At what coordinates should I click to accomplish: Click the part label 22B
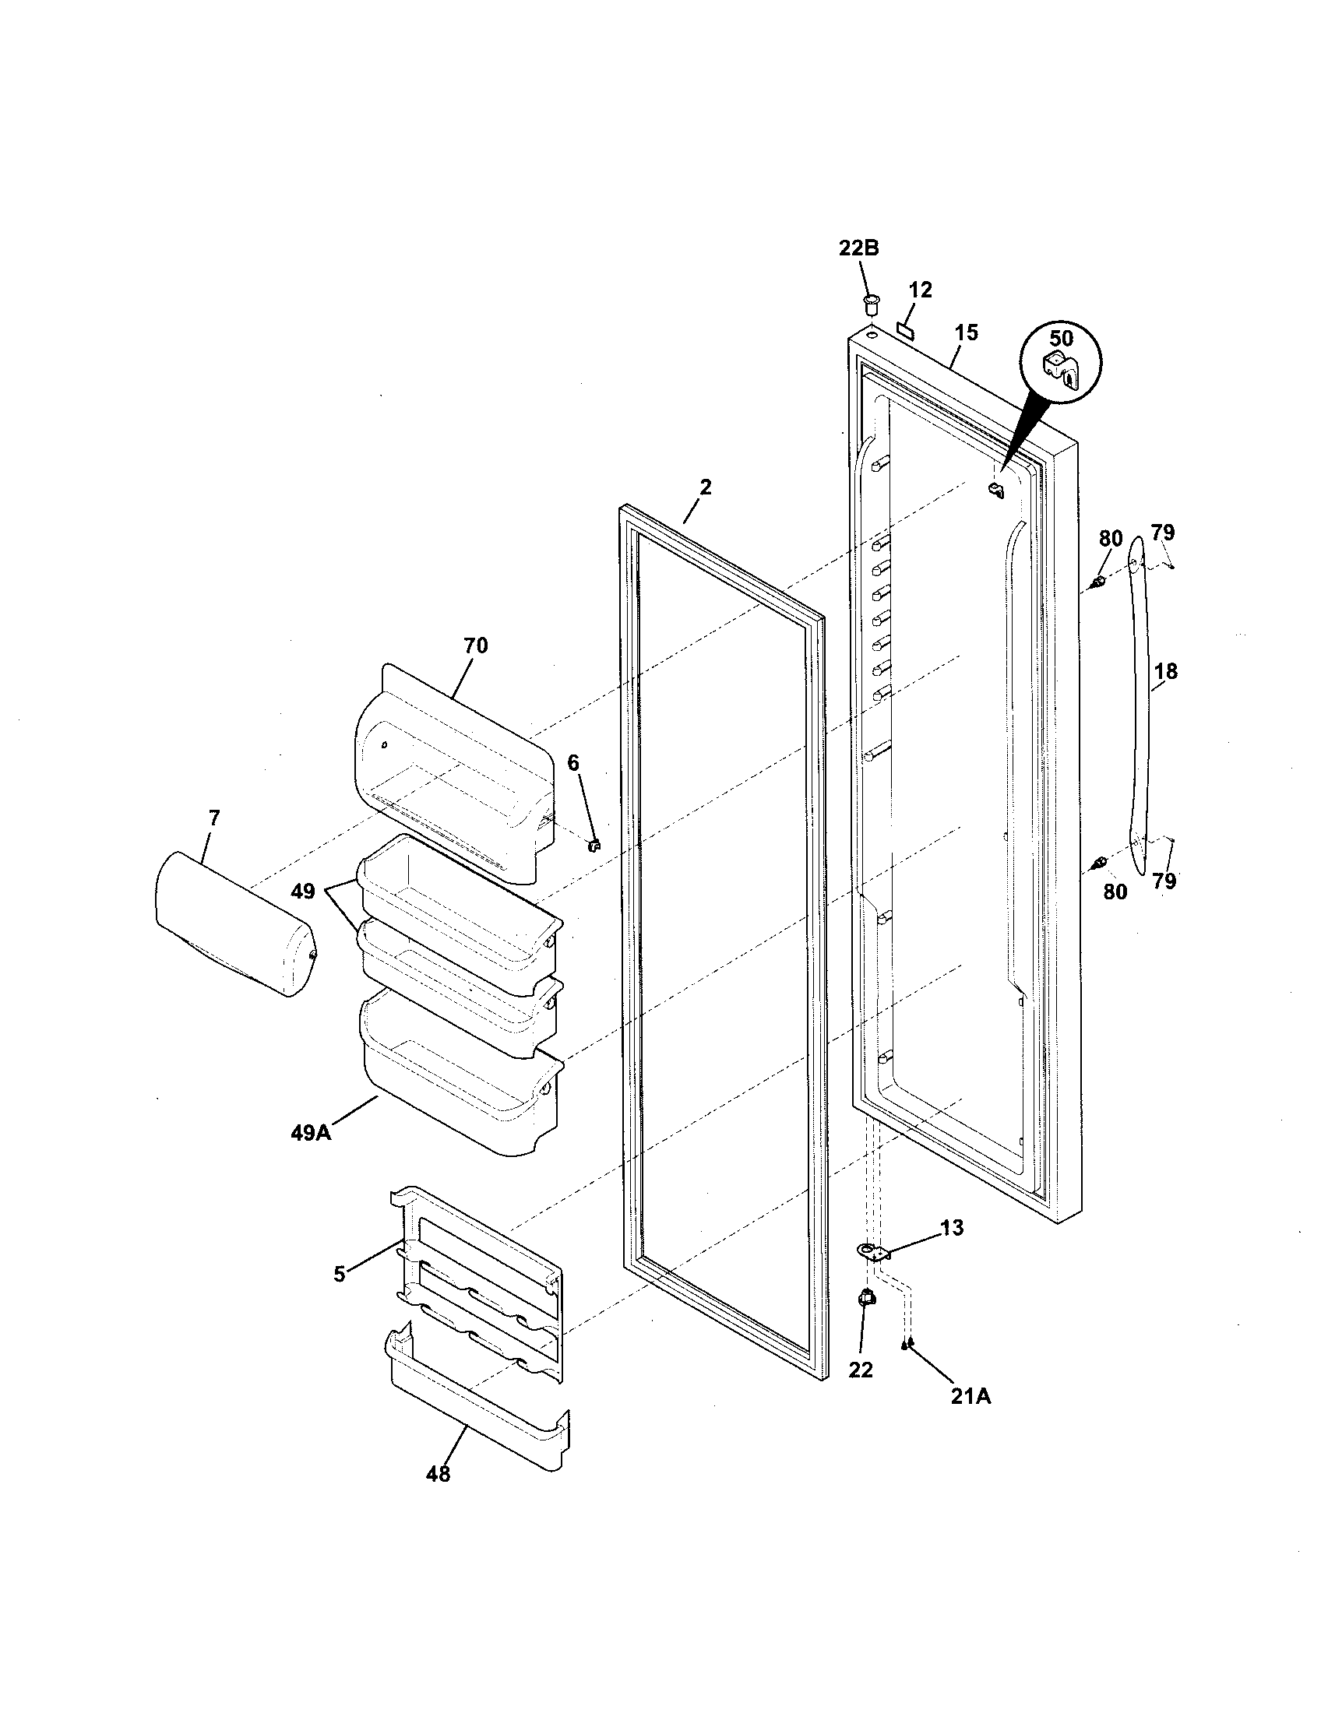(x=858, y=248)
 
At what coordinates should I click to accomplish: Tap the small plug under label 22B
(x=870, y=301)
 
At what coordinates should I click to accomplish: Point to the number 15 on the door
(x=967, y=332)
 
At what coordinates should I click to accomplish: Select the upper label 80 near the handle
(x=1111, y=539)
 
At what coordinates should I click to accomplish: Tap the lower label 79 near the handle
(x=1164, y=881)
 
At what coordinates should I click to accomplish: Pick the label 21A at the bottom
(x=970, y=1396)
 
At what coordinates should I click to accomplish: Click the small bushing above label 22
(x=865, y=1300)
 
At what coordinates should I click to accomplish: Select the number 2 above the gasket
(x=705, y=487)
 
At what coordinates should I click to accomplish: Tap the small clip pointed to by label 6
(x=594, y=845)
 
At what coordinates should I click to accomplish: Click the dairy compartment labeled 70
(x=455, y=761)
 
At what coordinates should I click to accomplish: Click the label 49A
(x=311, y=1133)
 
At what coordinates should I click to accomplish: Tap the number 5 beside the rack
(x=339, y=1274)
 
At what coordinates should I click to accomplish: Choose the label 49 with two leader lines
(x=303, y=891)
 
